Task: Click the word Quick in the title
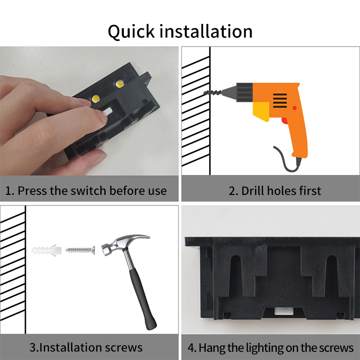pos(132,32)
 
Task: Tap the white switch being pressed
pos(108,112)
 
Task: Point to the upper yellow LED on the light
pos(120,84)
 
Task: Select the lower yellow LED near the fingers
pos(96,99)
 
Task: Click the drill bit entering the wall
pos(213,93)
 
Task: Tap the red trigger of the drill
pos(285,121)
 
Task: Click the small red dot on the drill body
pos(294,108)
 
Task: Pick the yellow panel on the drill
pos(261,111)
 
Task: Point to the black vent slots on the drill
pos(280,101)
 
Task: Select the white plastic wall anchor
pos(47,250)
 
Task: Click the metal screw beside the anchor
pos(80,250)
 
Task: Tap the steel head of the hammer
pos(124,244)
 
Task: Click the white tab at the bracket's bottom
pos(284,311)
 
